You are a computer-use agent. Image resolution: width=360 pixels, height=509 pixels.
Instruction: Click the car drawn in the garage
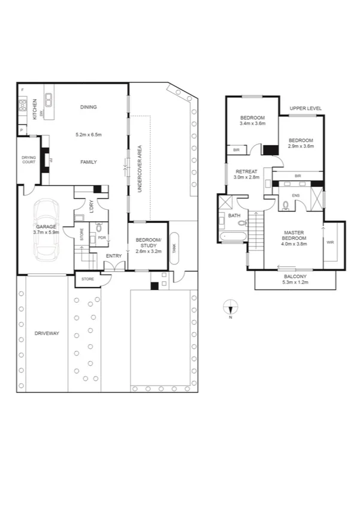[46, 229]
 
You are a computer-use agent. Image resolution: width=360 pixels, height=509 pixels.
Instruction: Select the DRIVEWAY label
[47, 333]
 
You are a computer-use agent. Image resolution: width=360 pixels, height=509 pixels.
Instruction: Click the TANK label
[174, 246]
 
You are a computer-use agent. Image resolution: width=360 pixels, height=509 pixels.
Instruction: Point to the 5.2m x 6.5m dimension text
[89, 134]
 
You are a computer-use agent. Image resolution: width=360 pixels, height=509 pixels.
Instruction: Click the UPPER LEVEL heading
[305, 108]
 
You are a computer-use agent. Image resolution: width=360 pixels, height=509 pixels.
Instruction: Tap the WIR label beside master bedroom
[329, 243]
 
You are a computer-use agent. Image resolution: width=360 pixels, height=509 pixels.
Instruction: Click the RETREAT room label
[246, 171]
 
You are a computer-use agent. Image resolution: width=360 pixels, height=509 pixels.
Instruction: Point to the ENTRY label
[114, 256]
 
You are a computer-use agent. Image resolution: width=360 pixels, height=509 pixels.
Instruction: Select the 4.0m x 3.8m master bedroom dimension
[295, 244]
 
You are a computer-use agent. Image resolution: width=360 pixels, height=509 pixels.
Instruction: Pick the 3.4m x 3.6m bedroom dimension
[252, 123]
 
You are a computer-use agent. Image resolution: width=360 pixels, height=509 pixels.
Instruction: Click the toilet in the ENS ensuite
[286, 206]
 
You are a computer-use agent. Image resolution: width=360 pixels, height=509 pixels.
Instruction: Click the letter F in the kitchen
[22, 90]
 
